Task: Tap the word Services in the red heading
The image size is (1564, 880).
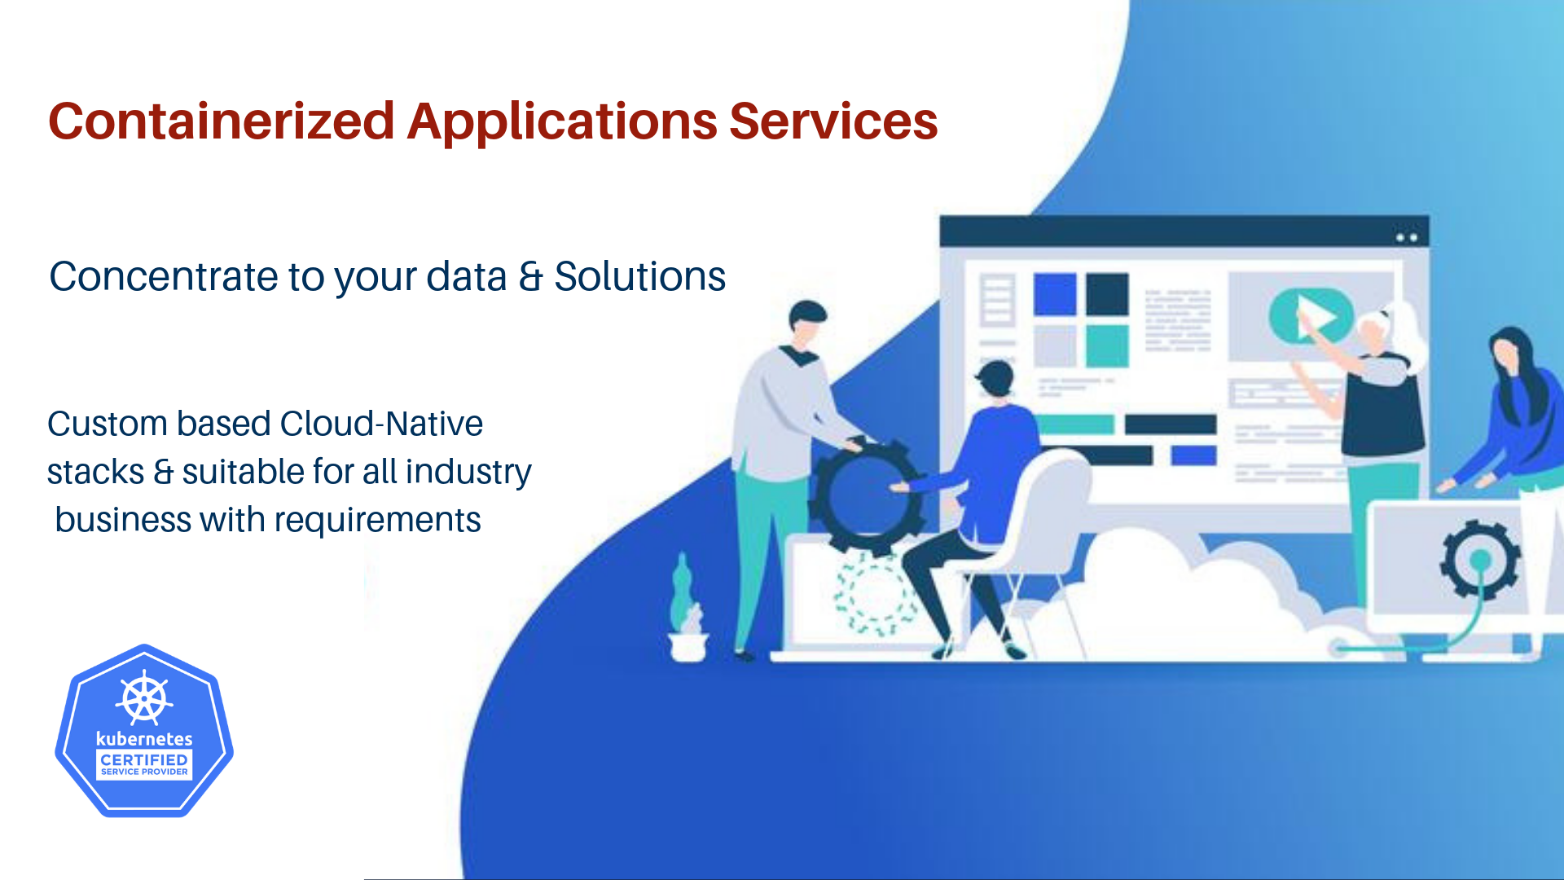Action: point(833,122)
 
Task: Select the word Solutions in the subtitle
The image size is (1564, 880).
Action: point(639,277)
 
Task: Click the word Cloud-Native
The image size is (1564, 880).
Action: point(381,424)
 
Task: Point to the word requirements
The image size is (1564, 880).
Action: point(377,521)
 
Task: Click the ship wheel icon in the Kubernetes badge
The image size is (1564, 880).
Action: point(144,698)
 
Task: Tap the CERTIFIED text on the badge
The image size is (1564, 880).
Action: point(144,759)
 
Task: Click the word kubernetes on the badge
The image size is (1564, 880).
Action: point(144,739)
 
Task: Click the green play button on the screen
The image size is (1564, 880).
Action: point(1310,316)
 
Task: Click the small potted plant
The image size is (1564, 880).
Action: point(687,611)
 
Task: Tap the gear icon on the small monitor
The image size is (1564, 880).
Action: point(1479,561)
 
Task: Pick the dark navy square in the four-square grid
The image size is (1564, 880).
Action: point(1107,294)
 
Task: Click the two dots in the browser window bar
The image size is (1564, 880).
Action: point(1407,238)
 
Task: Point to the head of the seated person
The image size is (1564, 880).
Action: point(995,379)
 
